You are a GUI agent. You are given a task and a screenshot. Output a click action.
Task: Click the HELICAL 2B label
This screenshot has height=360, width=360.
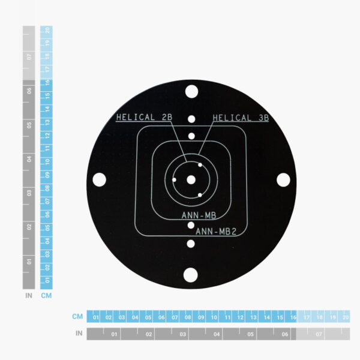point(143,118)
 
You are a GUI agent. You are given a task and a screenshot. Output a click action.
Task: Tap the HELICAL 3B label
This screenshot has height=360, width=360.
point(240,118)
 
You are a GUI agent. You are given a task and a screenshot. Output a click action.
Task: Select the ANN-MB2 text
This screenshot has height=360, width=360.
point(217,230)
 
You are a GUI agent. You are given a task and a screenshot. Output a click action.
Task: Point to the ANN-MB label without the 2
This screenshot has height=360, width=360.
point(199,214)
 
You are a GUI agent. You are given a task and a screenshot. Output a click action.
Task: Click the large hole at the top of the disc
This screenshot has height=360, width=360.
point(191,92)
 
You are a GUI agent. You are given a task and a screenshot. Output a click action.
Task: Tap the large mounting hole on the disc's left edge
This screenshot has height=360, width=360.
point(100,179)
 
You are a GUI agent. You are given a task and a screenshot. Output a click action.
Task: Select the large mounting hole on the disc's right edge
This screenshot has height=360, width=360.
point(283,179)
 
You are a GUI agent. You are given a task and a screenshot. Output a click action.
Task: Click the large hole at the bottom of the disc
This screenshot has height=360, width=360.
point(191,275)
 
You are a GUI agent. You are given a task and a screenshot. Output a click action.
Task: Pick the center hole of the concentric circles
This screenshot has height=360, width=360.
point(191,179)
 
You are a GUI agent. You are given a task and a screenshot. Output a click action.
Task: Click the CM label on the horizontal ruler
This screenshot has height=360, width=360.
point(77,316)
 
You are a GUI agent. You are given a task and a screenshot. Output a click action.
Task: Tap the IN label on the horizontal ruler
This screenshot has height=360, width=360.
point(78,333)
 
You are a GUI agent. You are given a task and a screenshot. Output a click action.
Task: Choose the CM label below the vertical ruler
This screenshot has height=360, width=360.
point(46,296)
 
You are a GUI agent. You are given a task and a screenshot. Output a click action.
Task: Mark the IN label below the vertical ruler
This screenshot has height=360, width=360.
point(28,296)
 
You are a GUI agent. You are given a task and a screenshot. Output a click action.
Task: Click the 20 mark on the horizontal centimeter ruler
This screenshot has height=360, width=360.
point(344,317)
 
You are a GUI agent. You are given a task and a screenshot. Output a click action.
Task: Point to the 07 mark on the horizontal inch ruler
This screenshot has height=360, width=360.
point(318,334)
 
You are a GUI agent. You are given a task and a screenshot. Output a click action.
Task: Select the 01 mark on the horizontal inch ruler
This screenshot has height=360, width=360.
point(115,334)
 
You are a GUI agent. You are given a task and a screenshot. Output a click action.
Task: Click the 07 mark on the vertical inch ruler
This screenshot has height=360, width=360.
point(29,58)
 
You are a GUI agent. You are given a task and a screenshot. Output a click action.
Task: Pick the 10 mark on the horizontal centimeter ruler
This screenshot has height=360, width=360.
point(214,317)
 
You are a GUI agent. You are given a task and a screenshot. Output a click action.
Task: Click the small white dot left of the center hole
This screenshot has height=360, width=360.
point(174,179)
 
